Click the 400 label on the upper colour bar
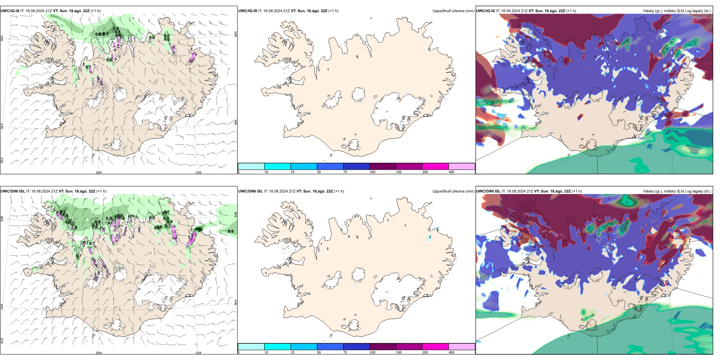(451, 172)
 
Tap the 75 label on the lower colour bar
(345, 352)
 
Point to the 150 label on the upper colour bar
(399, 172)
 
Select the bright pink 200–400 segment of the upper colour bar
(435, 166)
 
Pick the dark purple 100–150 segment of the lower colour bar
(382, 347)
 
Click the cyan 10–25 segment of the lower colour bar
(277, 347)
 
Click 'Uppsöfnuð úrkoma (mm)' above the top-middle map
(453, 11)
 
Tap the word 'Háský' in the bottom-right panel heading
(648, 191)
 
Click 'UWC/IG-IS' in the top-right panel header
(485, 11)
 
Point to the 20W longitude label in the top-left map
(99, 172)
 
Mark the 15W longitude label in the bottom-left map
(198, 353)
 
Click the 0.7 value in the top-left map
(88, 67)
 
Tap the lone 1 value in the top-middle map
(328, 69)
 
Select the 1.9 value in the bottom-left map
(200, 229)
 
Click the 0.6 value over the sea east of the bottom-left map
(231, 231)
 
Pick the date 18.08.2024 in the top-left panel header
(34, 11)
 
